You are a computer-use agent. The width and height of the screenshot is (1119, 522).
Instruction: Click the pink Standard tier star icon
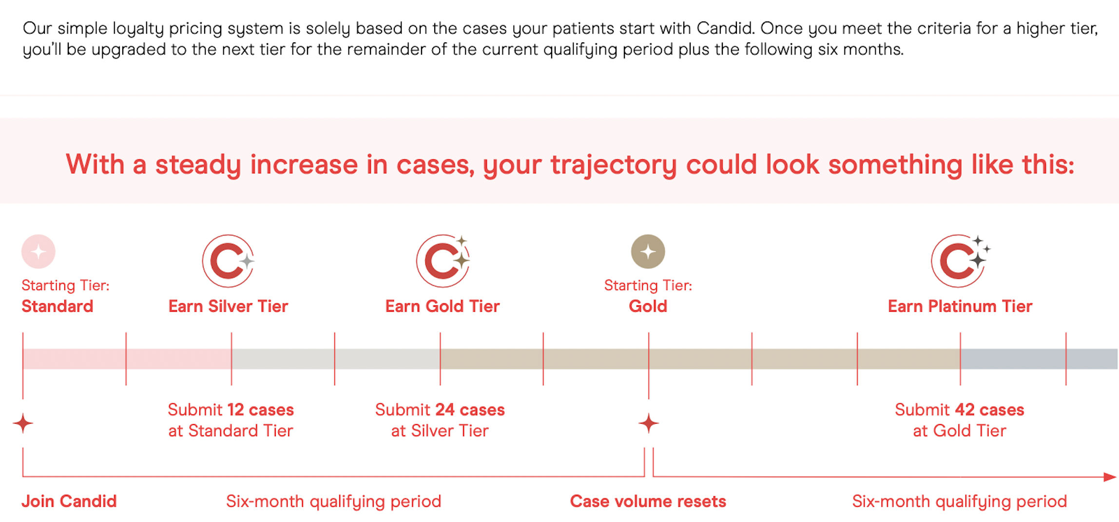[39, 252]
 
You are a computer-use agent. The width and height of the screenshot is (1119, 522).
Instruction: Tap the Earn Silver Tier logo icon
[228, 261]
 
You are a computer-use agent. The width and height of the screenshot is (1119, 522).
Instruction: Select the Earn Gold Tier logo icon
[443, 261]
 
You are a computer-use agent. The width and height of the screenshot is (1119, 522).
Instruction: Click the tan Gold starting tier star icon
[648, 252]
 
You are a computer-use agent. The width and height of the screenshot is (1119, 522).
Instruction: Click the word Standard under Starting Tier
[58, 306]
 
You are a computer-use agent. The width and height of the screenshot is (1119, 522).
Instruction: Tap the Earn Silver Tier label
[228, 306]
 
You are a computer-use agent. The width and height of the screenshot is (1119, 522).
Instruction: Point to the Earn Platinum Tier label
[960, 306]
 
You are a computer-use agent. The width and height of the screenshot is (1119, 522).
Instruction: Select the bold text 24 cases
[470, 410]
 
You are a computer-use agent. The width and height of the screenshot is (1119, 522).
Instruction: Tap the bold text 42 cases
[989, 410]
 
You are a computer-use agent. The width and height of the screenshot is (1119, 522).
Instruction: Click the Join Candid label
[69, 502]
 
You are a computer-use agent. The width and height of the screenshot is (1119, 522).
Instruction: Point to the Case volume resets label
[648, 502]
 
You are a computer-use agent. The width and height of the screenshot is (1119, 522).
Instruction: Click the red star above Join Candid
[23, 424]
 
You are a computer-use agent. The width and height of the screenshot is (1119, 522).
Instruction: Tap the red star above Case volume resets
[649, 424]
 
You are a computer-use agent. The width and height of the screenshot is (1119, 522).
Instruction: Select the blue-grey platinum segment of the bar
[1038, 359]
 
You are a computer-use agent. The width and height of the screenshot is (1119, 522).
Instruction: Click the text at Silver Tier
[440, 431]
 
